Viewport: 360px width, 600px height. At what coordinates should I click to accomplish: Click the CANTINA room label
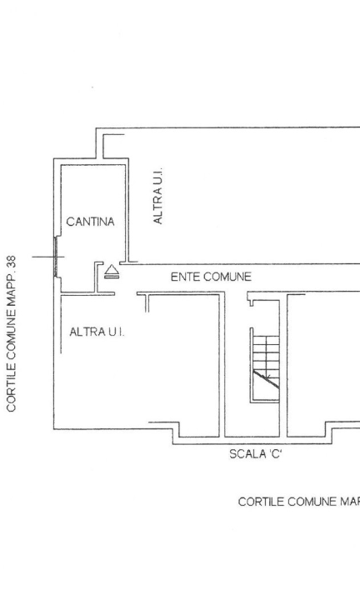point(90,222)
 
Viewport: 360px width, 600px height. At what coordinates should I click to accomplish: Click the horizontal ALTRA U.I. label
point(97,332)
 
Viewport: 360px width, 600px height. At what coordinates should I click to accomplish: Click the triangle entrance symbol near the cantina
point(112,270)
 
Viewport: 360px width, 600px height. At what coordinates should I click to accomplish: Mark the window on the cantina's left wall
point(57,256)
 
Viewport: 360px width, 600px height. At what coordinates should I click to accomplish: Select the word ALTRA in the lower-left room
point(85,332)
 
